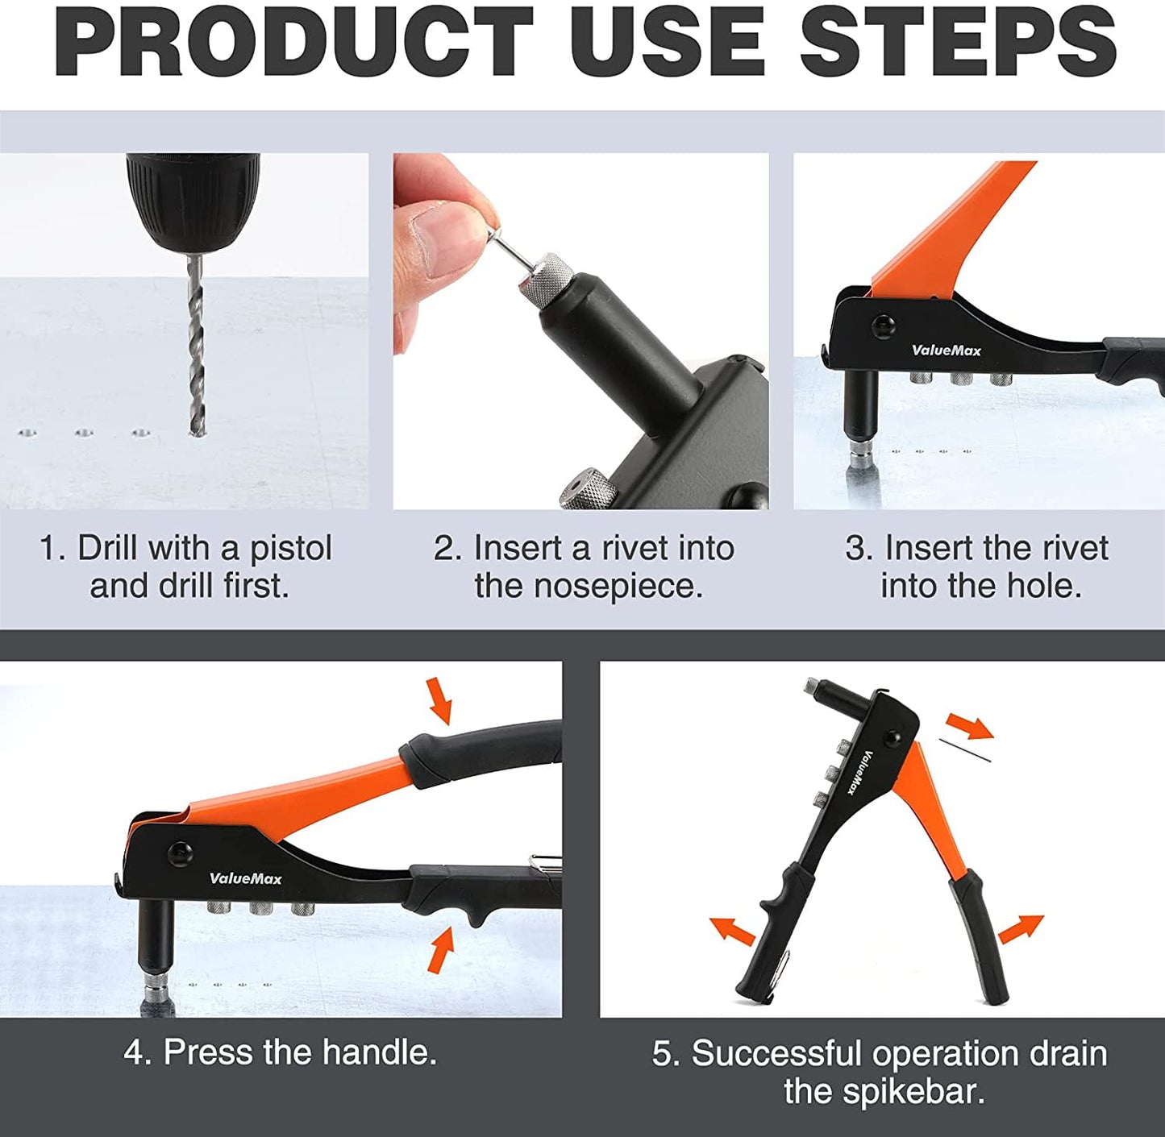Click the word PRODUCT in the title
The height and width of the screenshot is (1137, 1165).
[x=293, y=42]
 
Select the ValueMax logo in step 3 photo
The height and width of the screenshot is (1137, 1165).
[x=946, y=350]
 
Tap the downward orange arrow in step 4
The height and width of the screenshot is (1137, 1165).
[x=440, y=699]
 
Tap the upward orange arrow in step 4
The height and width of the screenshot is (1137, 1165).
[x=441, y=949]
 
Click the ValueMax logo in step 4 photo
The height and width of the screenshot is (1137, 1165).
[x=245, y=878]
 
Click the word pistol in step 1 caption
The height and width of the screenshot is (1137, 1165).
[x=290, y=549]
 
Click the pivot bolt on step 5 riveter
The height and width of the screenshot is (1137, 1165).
[x=892, y=739]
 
